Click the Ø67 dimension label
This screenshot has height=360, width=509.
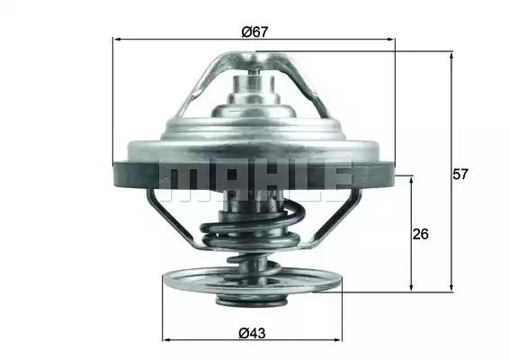[x=255, y=31]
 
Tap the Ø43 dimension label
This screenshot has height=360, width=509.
[x=252, y=333]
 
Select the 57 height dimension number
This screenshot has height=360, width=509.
[x=460, y=175]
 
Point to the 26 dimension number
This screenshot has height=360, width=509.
[x=420, y=234]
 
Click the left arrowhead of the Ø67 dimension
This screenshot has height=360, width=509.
[x=117, y=40]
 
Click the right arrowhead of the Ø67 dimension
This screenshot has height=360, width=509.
[x=391, y=40]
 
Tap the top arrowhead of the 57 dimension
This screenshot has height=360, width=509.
[x=451, y=56]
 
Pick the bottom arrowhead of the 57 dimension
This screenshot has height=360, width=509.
[x=451, y=287]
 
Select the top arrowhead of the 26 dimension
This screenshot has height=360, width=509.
[x=412, y=181]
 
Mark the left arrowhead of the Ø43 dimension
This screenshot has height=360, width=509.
[x=166, y=340]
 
